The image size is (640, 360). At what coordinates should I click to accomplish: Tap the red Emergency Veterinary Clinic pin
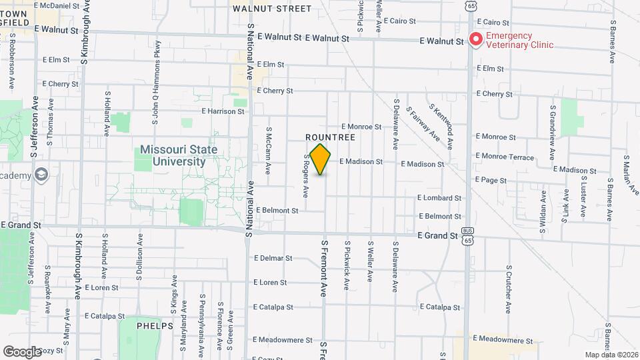[x=475, y=39]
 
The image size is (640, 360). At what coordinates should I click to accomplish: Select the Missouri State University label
[x=178, y=155]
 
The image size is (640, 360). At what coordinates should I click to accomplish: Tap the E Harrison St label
[x=223, y=111]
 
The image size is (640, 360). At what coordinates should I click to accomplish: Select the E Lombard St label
[x=439, y=198]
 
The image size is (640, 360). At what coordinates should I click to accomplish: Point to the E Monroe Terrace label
[x=505, y=157]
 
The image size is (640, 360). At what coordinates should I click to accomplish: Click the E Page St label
[x=491, y=180]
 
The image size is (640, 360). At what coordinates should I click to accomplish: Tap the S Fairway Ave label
[x=423, y=125]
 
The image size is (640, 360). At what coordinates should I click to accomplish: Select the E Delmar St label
[x=273, y=258]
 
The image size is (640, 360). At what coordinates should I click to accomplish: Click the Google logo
[x=22, y=351]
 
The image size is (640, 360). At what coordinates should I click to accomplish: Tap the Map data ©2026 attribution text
[x=611, y=355]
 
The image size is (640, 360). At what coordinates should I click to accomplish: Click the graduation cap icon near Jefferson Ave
[x=41, y=175]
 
